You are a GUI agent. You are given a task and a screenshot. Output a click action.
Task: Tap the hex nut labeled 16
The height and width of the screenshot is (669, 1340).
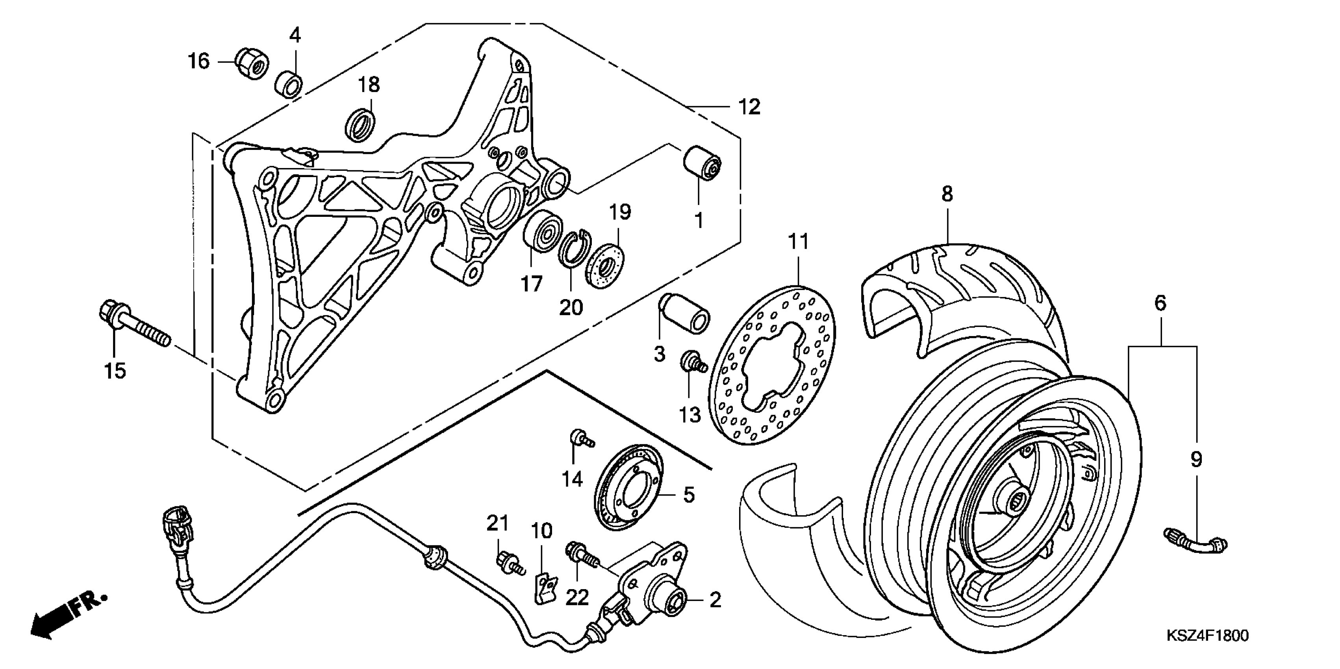[251, 63]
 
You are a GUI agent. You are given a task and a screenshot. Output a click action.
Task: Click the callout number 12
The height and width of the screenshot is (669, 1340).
[749, 107]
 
